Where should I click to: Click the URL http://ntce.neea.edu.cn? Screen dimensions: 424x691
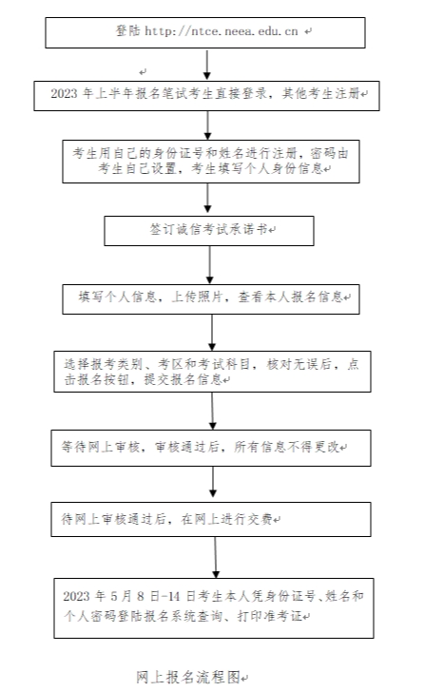[x=222, y=31]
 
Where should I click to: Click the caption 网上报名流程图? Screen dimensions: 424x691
[x=188, y=677]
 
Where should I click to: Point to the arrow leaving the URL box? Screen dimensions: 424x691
[x=206, y=65]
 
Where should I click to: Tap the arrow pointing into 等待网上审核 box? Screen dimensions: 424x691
[x=212, y=411]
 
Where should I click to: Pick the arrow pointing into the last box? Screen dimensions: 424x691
[x=216, y=558]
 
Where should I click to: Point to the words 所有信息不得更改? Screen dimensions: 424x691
[x=286, y=447]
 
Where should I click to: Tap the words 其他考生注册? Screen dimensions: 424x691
[x=320, y=93]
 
